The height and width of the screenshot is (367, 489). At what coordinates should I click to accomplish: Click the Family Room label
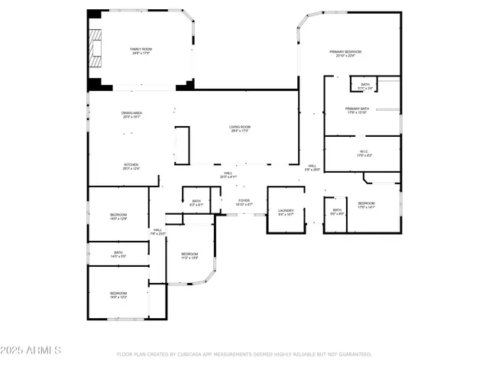click(x=140, y=51)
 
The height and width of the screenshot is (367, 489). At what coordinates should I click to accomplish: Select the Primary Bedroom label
click(x=345, y=53)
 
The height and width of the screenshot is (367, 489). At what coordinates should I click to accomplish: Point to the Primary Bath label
click(x=358, y=110)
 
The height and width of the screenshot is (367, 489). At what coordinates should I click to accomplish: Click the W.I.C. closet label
click(x=364, y=153)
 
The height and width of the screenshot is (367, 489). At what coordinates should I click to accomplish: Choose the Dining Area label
click(x=131, y=115)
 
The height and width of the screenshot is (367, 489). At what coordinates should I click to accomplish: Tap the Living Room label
click(x=239, y=128)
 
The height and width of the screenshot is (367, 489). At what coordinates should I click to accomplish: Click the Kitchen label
click(x=131, y=166)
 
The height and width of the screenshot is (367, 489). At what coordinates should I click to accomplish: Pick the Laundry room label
click(x=286, y=212)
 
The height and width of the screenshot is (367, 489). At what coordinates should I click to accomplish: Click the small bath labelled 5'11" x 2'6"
click(x=365, y=86)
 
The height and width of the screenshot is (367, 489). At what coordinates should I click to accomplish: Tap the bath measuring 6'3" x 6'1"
click(x=196, y=203)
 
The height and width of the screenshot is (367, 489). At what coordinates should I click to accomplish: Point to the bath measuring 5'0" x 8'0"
click(x=337, y=212)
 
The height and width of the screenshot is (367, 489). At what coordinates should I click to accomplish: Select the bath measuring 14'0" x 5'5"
click(x=118, y=254)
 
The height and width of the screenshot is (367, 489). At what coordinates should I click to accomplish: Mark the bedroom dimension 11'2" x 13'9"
click(x=189, y=258)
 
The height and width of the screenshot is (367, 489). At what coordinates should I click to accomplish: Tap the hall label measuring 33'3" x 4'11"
click(x=228, y=175)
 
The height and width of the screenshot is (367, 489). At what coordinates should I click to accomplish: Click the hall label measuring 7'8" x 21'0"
click(x=157, y=232)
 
